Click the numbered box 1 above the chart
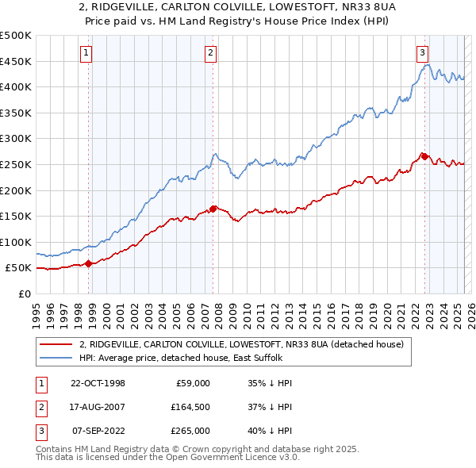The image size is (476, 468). pyautogui.click(x=86, y=53)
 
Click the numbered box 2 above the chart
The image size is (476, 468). pyautogui.click(x=210, y=53)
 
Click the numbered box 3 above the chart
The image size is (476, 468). pyautogui.click(x=422, y=53)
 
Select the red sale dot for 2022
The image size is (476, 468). pyautogui.click(x=424, y=156)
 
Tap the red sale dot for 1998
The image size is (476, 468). pyautogui.click(x=89, y=263)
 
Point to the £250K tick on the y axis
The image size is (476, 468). pyautogui.click(x=16, y=164)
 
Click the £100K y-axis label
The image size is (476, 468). pyautogui.click(x=16, y=242)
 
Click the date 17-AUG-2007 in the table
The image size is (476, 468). pyautogui.click(x=98, y=407)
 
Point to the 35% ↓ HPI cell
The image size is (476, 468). pyautogui.click(x=271, y=383)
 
